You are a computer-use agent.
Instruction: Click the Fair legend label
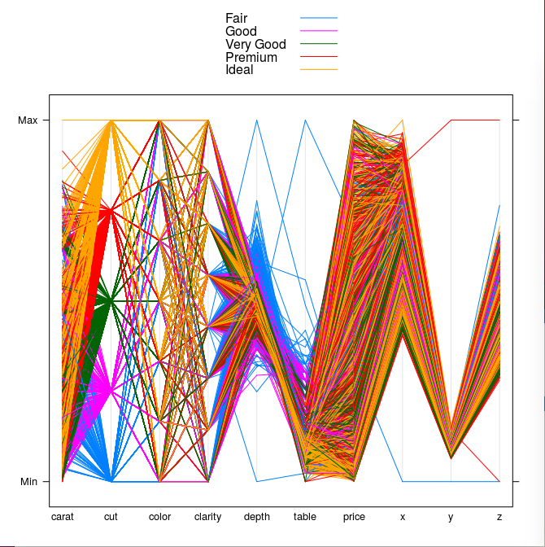point(236,19)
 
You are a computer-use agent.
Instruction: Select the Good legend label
point(241,32)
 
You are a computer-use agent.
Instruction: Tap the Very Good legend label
point(255,45)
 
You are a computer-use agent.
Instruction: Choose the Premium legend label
point(251,58)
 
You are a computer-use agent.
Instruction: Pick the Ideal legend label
point(239,70)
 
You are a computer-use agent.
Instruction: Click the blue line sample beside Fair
point(318,18)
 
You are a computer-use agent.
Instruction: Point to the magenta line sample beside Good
point(318,31)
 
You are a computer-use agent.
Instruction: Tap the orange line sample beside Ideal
point(318,70)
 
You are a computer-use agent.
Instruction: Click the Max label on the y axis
point(28,120)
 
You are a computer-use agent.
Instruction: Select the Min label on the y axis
point(28,482)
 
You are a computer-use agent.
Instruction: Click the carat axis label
point(62,517)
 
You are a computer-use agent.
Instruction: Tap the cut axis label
point(111,517)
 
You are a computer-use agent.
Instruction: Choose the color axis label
point(159,517)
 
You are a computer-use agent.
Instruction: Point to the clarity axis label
point(208,517)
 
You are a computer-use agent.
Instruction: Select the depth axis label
point(257,517)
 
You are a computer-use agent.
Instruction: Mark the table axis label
point(305,517)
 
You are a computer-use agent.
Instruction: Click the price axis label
point(354,517)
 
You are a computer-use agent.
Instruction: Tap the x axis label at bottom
point(403,517)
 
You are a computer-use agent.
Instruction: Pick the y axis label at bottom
point(451,517)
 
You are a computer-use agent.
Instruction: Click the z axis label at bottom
point(499,517)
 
